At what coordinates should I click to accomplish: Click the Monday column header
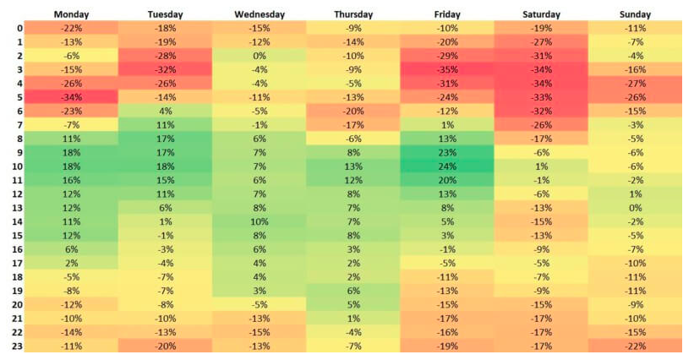tap(71, 14)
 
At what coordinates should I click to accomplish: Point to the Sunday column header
tap(637, 14)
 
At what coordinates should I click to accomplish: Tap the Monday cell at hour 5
tap(71, 97)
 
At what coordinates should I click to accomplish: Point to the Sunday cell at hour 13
tap(637, 207)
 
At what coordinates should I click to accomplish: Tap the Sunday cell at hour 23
tap(637, 345)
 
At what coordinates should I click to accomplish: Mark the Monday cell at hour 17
tap(71, 262)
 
